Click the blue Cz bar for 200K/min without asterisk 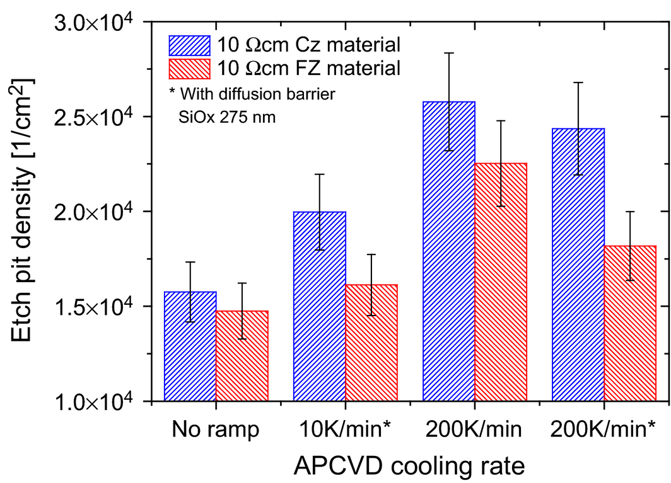point(449,252)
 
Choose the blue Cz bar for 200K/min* point(578,264)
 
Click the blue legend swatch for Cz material point(190,45)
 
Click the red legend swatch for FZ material point(190,68)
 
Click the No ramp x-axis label point(215,431)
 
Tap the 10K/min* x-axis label point(347,431)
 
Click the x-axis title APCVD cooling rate point(409,466)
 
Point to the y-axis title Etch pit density point(24,212)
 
